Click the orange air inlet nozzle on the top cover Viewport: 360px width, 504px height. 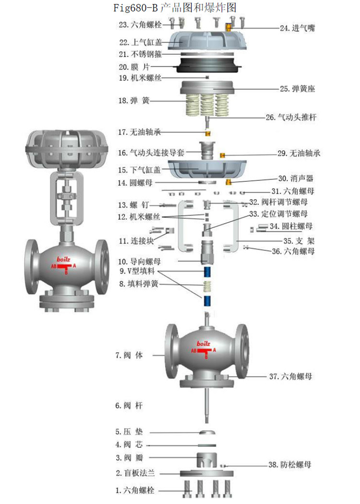[x=229, y=27]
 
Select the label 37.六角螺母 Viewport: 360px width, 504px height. [x=290, y=376]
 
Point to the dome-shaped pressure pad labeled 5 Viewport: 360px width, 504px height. [x=207, y=432]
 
